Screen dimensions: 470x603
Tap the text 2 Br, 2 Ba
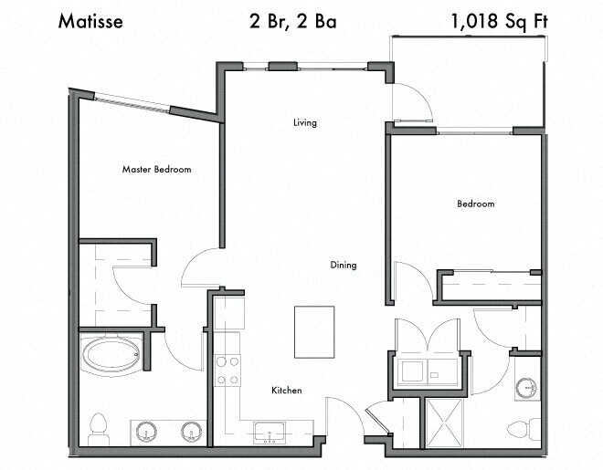click(291, 21)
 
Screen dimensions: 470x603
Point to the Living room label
click(305, 122)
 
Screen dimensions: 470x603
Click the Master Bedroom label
click(157, 169)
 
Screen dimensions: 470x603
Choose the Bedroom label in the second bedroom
click(475, 204)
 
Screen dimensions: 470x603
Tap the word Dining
click(344, 266)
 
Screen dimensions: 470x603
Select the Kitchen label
click(286, 391)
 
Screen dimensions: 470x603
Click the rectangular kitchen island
click(313, 332)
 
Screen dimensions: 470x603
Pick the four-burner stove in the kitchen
click(227, 371)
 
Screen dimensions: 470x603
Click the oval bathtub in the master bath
click(111, 354)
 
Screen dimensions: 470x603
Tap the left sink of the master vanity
click(146, 432)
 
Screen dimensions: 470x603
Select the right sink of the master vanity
click(191, 432)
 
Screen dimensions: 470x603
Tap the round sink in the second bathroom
click(525, 387)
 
